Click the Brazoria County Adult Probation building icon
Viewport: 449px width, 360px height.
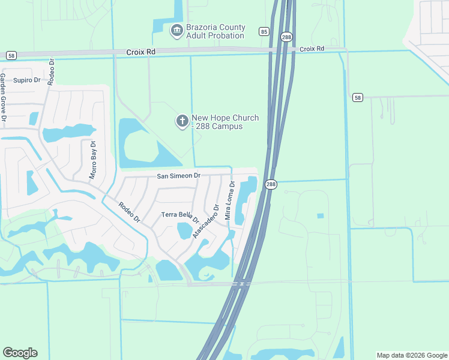[176, 30]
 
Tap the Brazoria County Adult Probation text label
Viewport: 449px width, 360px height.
[215, 31]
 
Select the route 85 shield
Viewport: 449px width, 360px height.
[264, 31]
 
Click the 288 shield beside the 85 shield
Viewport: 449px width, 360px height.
[286, 37]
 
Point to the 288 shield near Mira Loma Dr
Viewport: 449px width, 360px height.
[271, 185]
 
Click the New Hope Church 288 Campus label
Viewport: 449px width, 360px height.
[225, 122]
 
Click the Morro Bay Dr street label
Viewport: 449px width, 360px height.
[93, 159]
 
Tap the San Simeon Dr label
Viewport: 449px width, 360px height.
[178, 176]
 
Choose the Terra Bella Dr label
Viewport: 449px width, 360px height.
[180, 215]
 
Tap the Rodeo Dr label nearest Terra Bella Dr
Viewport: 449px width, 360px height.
[128, 210]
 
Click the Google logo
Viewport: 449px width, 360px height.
[20, 353]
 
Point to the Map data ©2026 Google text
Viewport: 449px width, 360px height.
[412, 355]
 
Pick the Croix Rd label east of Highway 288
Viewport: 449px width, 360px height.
[312, 49]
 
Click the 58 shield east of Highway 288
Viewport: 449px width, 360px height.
[358, 97]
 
